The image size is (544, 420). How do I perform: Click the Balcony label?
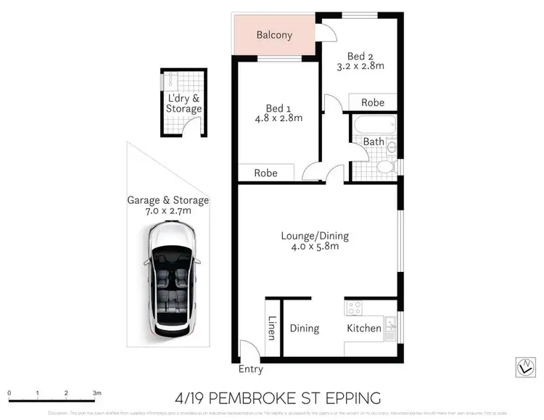tap(273, 35)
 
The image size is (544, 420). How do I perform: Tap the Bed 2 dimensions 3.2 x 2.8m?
tap(364, 66)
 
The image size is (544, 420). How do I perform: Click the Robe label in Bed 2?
tap(373, 102)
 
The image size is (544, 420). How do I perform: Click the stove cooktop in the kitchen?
tap(354, 308)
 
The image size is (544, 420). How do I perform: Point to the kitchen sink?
tap(390, 328)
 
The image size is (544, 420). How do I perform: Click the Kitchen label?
tap(363, 329)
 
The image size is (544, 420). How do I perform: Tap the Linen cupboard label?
tap(271, 329)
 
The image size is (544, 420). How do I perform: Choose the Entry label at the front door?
tap(251, 369)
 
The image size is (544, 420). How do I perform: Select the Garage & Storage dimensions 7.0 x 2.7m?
tap(168, 211)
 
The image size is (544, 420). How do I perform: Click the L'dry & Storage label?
tap(184, 104)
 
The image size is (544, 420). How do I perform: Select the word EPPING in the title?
tap(355, 398)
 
